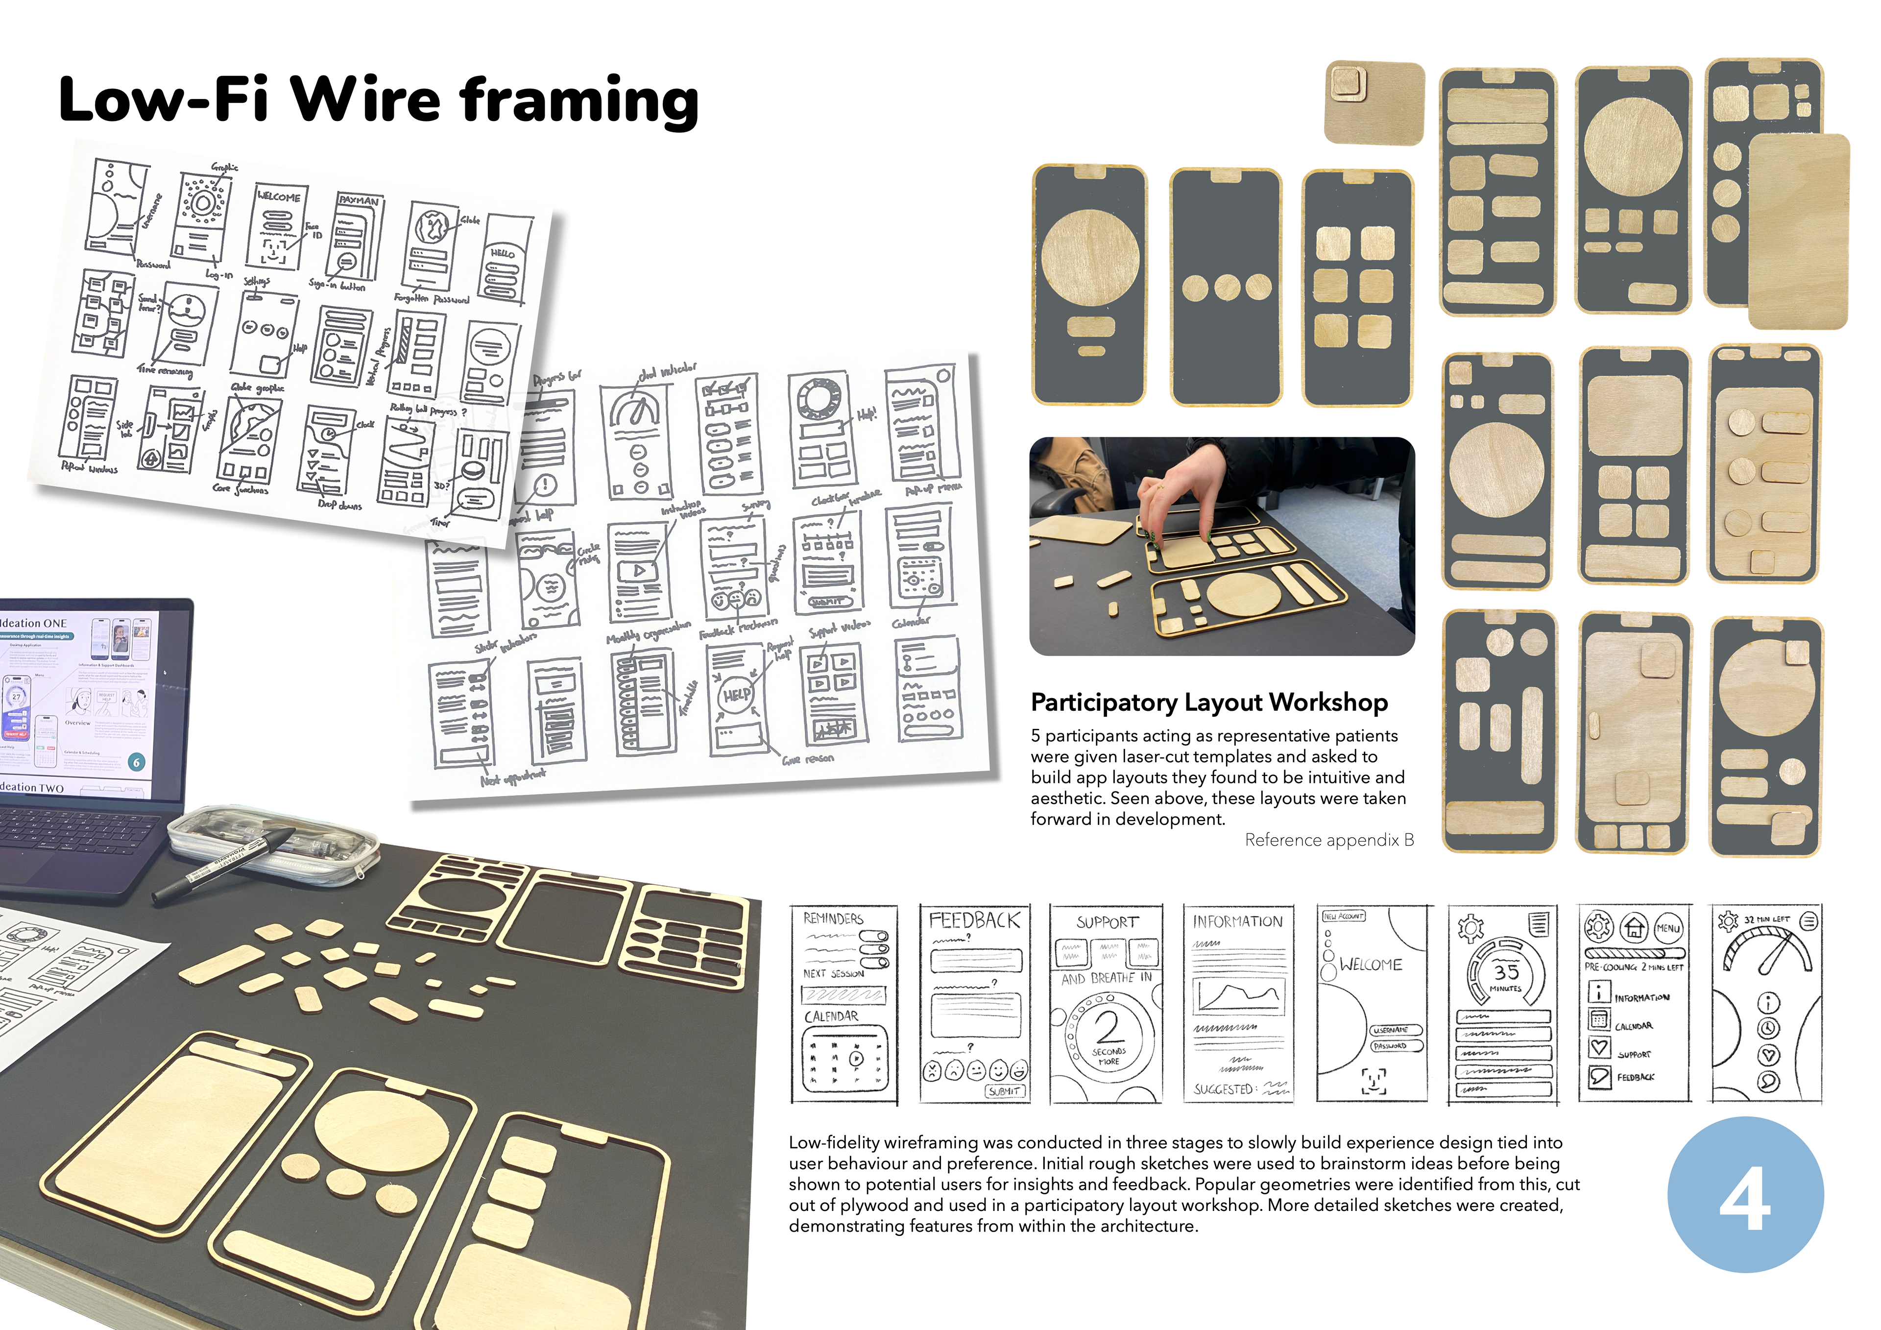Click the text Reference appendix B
[1329, 840]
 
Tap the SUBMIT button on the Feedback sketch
[1004, 1091]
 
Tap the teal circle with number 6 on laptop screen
[137, 762]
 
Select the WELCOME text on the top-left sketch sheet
[279, 196]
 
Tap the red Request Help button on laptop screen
[16, 734]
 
